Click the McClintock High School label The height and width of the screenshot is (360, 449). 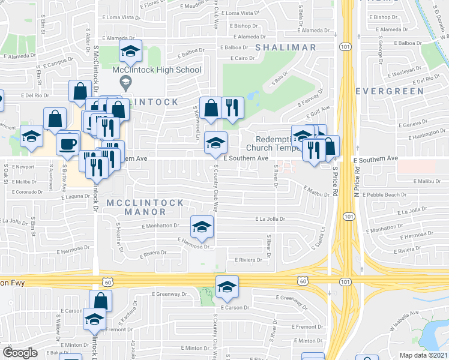click(x=157, y=70)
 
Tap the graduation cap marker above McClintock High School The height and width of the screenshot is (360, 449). click(x=130, y=52)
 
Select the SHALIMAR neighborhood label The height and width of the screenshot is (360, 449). click(x=285, y=47)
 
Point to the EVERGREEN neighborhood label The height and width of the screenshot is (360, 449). click(x=384, y=91)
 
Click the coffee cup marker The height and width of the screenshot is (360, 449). click(x=67, y=143)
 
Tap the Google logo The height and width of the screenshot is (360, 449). click(x=20, y=353)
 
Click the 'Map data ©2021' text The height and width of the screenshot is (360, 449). click(x=424, y=355)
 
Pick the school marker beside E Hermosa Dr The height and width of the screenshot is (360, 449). click(x=202, y=226)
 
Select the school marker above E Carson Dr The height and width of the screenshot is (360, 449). click(x=227, y=287)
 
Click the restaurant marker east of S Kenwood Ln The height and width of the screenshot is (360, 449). click(x=232, y=109)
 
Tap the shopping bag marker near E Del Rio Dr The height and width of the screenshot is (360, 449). click(x=79, y=92)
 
